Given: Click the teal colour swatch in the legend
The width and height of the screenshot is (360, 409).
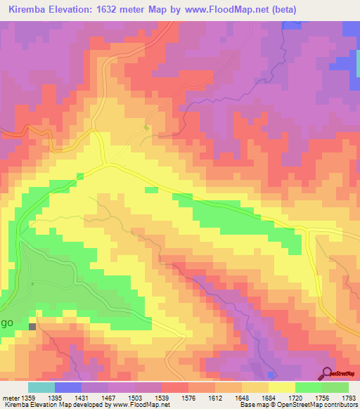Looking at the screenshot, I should pyautogui.click(x=41, y=387).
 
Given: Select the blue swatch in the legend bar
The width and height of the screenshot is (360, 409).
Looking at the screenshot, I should pyautogui.click(x=68, y=387).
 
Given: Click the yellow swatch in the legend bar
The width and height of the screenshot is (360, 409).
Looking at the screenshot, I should pyautogui.click(x=282, y=387).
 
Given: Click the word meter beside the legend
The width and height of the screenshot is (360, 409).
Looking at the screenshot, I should pyautogui.click(x=10, y=398).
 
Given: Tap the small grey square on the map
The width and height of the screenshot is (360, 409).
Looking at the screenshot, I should pyautogui.click(x=32, y=326).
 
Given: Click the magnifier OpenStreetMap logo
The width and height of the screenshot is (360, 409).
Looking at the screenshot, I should pyautogui.click(x=327, y=373).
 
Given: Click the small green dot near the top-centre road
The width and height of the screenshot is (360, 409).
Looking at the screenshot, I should pyautogui.click(x=146, y=128).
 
